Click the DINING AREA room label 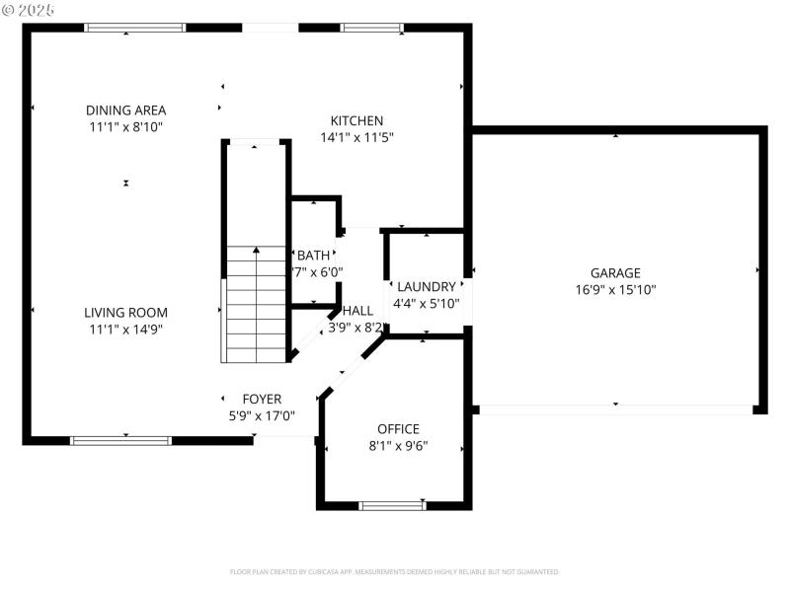point(125,111)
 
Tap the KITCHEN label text point(356,120)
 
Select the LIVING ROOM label point(125,313)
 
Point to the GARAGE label point(615,273)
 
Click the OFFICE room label point(398,429)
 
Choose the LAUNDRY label point(426,287)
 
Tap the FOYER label point(262,400)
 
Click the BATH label point(313,256)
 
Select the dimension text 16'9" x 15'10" point(615,290)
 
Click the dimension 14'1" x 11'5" point(356,137)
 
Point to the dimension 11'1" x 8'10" point(125,127)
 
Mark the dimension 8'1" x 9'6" point(398,445)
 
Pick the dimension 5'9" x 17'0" point(262,415)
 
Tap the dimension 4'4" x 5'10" point(426,304)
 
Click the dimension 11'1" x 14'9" point(125,330)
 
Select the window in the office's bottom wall point(392,506)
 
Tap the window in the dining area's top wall point(134,28)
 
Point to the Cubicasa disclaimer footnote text point(395,571)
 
